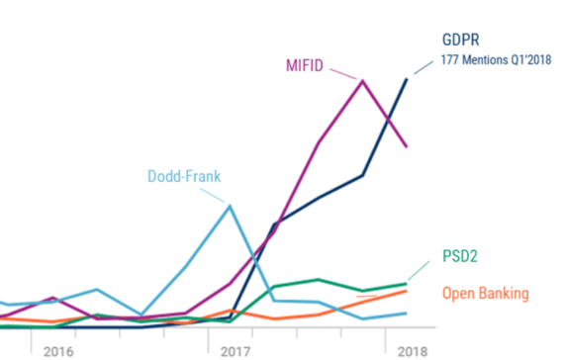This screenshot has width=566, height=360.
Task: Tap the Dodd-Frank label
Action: click(x=184, y=177)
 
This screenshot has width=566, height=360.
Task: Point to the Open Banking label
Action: click(x=485, y=293)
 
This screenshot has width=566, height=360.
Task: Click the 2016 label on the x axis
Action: click(x=58, y=350)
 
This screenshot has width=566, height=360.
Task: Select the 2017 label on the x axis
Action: click(x=235, y=350)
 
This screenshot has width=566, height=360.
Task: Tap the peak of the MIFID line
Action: click(x=363, y=80)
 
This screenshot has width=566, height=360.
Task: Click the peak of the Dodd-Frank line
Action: click(x=230, y=206)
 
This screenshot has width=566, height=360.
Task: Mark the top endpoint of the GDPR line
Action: click(x=407, y=78)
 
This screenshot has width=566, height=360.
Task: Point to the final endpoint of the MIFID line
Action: click(x=407, y=146)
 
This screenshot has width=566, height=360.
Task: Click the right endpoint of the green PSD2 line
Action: click(x=407, y=284)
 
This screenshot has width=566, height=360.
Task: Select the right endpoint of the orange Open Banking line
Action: click(x=407, y=291)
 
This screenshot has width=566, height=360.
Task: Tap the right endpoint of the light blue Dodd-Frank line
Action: click(x=407, y=314)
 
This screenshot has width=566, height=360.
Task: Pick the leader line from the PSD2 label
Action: click(x=423, y=270)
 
